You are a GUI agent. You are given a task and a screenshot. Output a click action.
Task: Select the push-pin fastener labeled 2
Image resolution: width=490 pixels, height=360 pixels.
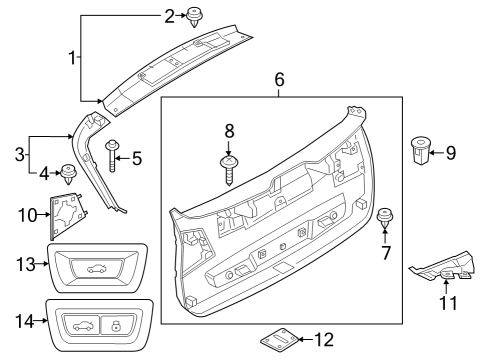(191, 15)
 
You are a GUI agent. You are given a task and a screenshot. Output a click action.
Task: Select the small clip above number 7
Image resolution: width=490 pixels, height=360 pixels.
(383, 217)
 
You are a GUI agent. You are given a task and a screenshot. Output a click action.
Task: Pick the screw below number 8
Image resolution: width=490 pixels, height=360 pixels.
(229, 168)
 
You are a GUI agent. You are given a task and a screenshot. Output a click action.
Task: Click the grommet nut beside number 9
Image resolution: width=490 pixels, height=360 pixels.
(420, 153)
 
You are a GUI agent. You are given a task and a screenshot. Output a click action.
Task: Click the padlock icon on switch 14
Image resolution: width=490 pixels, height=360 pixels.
(118, 324)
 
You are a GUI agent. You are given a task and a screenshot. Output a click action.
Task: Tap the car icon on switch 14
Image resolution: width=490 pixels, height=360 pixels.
(82, 324)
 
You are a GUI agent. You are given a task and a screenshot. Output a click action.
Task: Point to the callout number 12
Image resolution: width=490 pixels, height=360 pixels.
(325, 339)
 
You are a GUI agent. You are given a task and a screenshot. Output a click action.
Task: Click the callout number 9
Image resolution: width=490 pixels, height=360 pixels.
(450, 153)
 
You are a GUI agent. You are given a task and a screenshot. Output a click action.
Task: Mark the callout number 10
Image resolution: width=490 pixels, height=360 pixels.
(27, 214)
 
